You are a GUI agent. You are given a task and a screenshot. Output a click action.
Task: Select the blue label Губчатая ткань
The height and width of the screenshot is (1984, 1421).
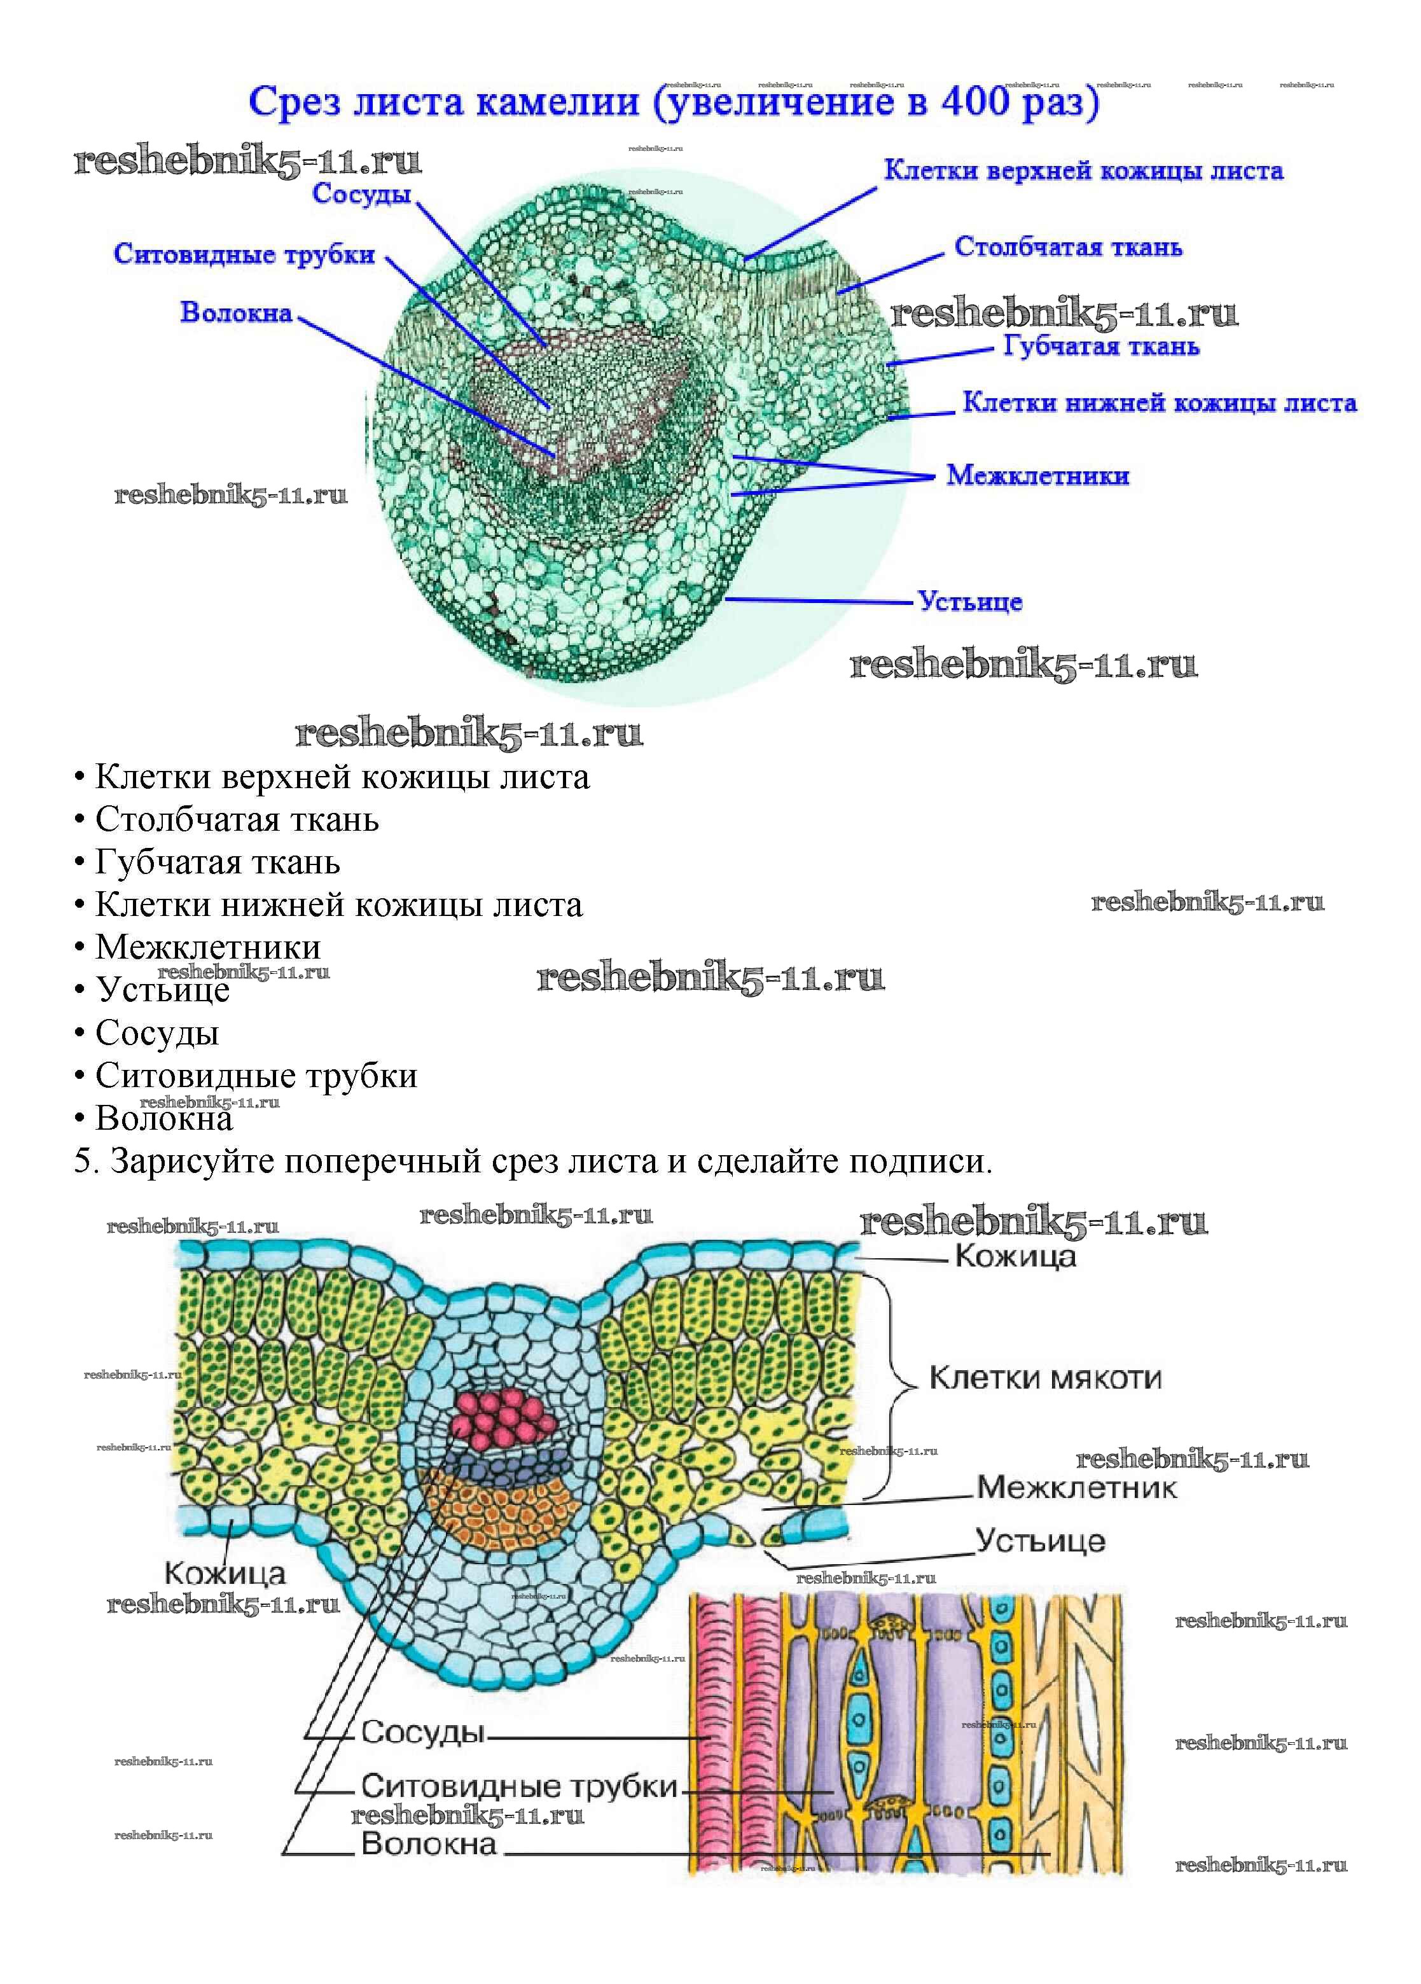[1101, 347]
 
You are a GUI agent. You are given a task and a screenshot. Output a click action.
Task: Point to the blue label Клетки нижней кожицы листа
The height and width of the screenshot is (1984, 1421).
[1160, 403]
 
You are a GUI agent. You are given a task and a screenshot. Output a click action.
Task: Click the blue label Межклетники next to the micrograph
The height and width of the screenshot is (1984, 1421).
[1037, 476]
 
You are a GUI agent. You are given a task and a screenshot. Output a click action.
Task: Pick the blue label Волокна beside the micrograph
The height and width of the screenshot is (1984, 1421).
[236, 312]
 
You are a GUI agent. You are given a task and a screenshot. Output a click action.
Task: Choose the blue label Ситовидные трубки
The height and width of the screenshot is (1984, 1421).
[244, 254]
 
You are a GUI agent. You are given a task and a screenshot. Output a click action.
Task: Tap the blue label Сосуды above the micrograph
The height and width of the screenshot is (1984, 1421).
[361, 193]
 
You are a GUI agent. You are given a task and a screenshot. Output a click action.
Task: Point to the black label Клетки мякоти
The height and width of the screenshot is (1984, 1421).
[1044, 1378]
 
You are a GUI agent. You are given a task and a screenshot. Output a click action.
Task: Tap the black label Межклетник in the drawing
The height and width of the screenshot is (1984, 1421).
[1076, 1487]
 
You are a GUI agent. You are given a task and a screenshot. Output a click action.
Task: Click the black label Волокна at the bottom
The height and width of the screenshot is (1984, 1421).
[429, 1844]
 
